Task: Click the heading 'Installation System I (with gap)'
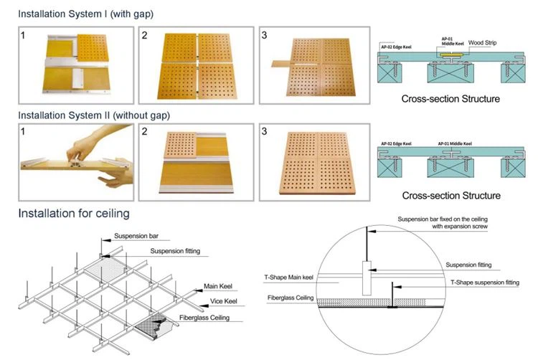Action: [85, 14]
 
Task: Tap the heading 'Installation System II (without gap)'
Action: [94, 115]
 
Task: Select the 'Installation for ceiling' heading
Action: [74, 213]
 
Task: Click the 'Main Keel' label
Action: [219, 286]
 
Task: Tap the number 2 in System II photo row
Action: [146, 132]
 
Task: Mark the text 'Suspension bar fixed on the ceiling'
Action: [449, 218]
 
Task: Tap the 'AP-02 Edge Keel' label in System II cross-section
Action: [393, 143]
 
